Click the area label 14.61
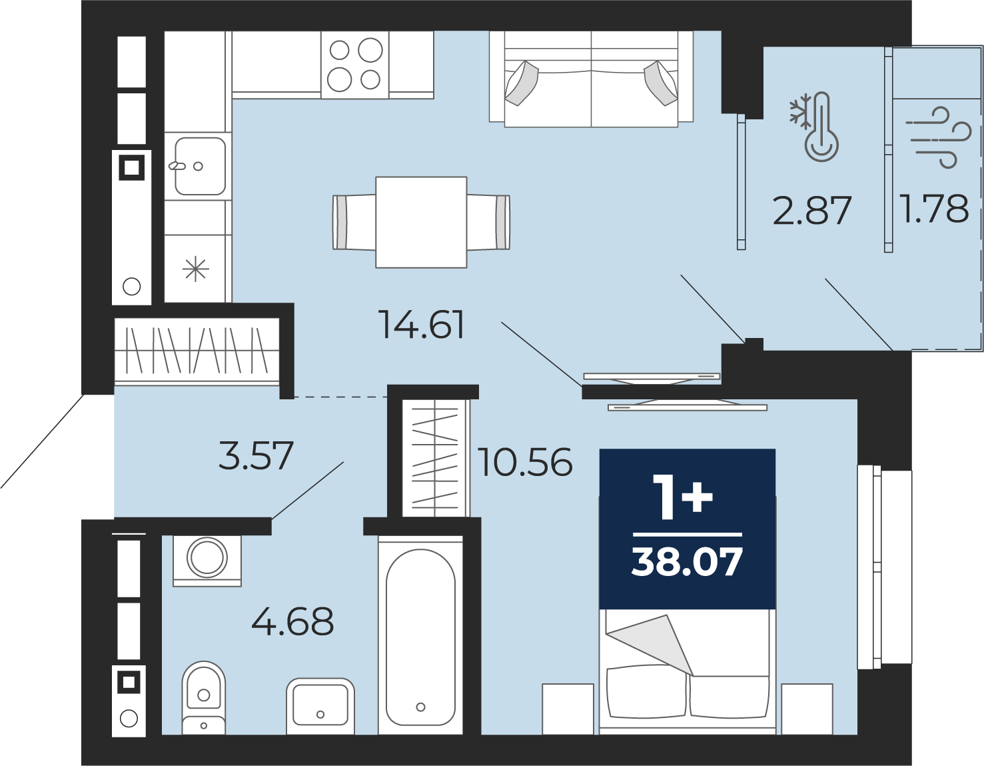click(x=422, y=325)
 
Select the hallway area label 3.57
click(x=256, y=455)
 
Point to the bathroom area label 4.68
click(x=292, y=621)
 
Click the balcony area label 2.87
click(x=812, y=210)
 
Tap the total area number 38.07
click(x=686, y=562)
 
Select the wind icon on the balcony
click(x=938, y=137)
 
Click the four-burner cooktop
click(x=355, y=65)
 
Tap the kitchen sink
click(x=200, y=166)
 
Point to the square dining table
click(x=421, y=222)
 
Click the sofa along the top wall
click(x=591, y=79)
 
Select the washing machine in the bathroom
click(x=207, y=561)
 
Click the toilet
click(x=204, y=698)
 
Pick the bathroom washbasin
click(x=320, y=706)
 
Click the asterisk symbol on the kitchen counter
click(x=196, y=269)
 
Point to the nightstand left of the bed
click(x=568, y=709)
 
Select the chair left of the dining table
click(x=354, y=222)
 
